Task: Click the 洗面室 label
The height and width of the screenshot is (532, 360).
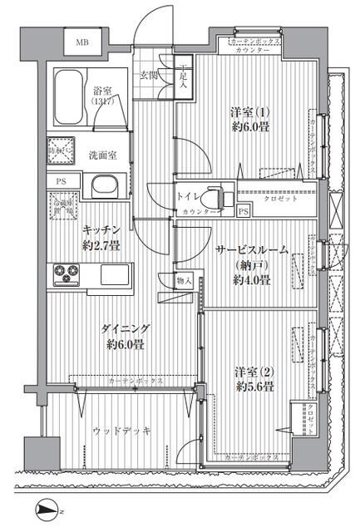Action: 103,155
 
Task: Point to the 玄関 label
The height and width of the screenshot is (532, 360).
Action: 149,76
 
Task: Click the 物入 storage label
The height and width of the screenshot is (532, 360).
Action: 185,282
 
